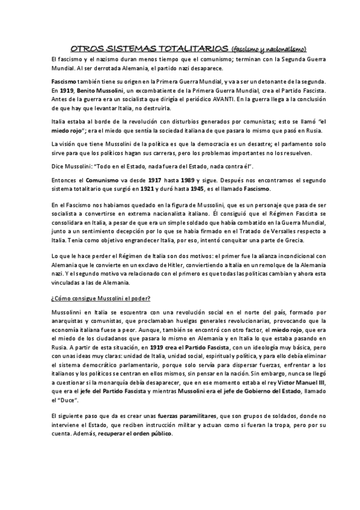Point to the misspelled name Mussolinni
point(70,313)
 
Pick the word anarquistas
point(70,323)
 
